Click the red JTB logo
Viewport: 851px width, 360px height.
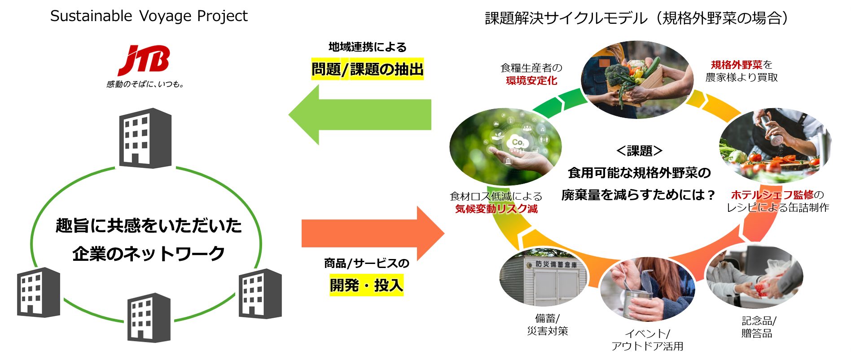tap(144, 60)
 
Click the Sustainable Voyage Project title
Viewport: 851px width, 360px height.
tap(149, 16)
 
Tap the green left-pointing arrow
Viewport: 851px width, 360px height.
tap(359, 115)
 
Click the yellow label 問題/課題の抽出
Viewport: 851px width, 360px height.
tap(367, 69)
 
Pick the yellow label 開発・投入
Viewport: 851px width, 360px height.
tap(366, 285)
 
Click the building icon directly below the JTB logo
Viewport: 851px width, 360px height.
tap(145, 138)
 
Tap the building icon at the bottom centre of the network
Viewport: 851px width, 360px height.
tap(149, 318)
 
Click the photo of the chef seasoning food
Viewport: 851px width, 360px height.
tap(775, 145)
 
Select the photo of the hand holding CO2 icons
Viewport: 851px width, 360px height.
tap(505, 146)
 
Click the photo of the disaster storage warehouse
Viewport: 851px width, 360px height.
tap(543, 278)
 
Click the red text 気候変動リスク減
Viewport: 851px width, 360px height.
tap(496, 209)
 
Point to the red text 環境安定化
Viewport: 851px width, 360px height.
tap(531, 80)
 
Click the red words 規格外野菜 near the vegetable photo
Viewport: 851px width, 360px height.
tap(737, 65)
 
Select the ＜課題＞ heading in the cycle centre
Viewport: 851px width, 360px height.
tap(639, 151)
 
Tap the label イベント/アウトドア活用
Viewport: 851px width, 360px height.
tap(647, 340)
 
